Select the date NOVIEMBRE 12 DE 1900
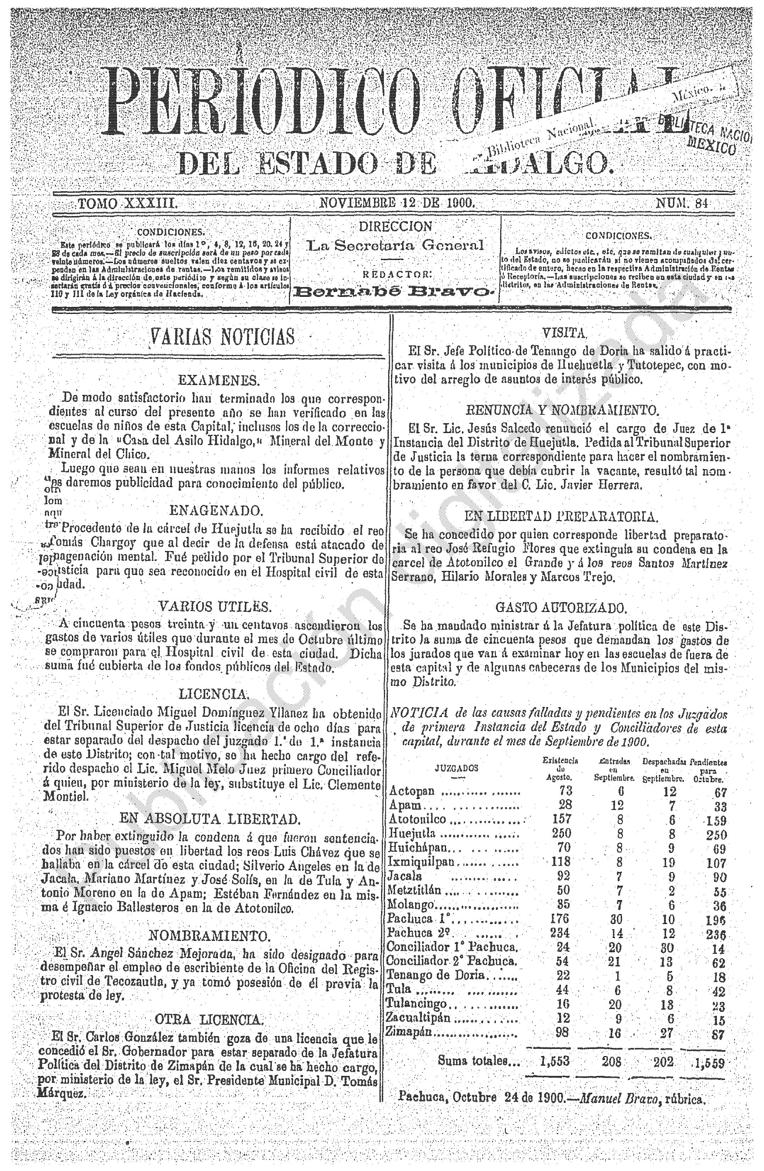396,203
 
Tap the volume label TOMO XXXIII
124,203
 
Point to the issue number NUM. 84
681,203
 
